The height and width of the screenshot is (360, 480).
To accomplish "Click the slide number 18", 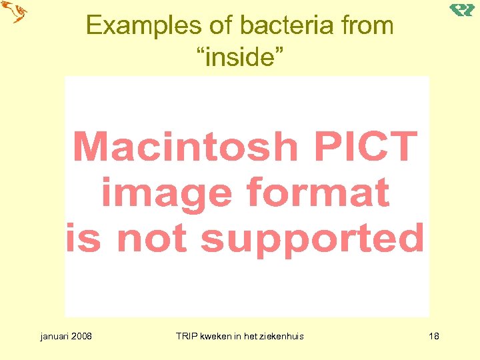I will tap(433, 336).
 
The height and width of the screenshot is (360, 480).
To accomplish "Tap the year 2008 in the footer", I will tap(82, 336).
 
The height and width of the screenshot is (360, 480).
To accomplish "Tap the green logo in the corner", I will tap(461, 9).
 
